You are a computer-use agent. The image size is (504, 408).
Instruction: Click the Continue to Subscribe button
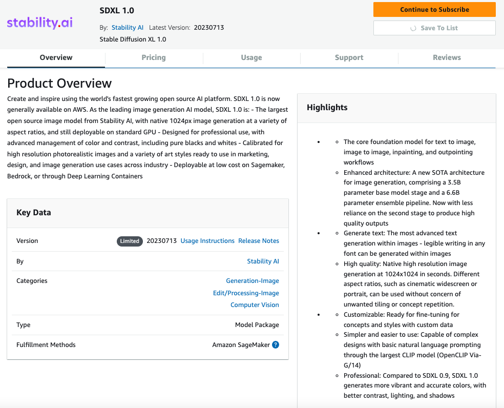[434, 9]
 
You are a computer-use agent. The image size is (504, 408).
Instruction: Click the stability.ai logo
[40, 23]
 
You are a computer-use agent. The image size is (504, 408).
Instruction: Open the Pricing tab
[154, 57]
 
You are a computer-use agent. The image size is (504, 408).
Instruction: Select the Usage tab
[251, 57]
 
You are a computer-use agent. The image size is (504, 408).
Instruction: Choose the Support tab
[349, 57]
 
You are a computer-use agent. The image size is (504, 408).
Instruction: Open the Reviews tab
[447, 57]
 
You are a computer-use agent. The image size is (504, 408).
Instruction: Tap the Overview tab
[56, 57]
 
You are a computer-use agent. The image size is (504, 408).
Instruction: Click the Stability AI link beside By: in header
[128, 28]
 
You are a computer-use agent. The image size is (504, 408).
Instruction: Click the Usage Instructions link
[207, 241]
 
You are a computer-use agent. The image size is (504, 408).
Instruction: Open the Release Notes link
[259, 241]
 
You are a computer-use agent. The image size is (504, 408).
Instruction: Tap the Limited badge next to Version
[130, 241]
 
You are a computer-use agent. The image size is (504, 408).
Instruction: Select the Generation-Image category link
[253, 281]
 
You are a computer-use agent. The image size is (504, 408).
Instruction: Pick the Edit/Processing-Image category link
[246, 293]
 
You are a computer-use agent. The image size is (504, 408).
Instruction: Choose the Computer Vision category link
[255, 305]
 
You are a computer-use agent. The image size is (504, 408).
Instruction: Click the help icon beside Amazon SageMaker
[276, 345]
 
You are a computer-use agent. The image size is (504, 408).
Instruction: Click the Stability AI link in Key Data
[263, 261]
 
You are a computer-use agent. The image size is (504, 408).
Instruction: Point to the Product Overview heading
[59, 83]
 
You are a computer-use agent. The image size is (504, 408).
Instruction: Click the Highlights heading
[327, 108]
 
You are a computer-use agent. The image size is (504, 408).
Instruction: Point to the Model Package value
[257, 325]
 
